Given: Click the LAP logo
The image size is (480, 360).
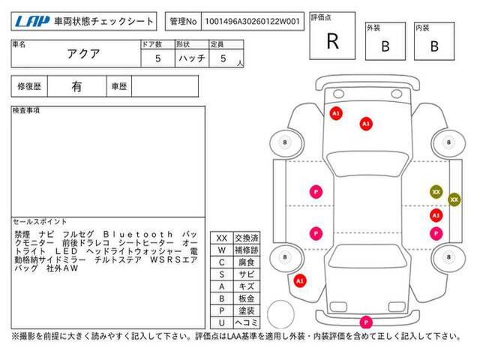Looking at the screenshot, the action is [x=31, y=22].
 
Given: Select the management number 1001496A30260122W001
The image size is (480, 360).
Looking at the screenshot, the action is [x=252, y=22].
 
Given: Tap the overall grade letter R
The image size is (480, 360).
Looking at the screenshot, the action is [x=333, y=41].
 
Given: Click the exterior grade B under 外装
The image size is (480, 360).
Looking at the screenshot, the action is [x=385, y=46].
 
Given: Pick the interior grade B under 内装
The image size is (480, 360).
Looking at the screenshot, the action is [x=434, y=46].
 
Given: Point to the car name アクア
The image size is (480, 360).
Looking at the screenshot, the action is [x=83, y=54].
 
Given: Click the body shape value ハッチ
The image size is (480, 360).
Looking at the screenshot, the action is [x=192, y=58].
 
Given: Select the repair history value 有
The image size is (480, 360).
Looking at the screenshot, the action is [x=76, y=87].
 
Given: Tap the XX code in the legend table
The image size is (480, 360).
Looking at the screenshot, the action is [x=222, y=238].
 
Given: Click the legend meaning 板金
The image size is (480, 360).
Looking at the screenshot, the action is [x=247, y=298].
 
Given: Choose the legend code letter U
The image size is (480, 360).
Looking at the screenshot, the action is [x=222, y=322].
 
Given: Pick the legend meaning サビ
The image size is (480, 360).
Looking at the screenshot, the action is [x=247, y=274].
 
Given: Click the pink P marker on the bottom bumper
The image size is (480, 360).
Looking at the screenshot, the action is [x=366, y=322].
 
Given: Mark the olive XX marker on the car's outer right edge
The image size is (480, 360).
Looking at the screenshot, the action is [x=454, y=199].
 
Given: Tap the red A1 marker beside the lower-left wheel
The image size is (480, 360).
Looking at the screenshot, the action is [x=300, y=280].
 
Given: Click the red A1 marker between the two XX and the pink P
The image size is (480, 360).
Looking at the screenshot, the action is [x=436, y=215].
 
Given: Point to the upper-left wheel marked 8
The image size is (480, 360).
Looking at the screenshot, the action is [x=285, y=142].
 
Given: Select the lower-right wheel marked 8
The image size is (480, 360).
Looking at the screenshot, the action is [x=448, y=256].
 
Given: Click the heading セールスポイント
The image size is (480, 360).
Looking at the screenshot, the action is [x=40, y=221].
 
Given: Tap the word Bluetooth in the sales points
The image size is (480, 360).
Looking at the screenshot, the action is [x=138, y=235].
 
